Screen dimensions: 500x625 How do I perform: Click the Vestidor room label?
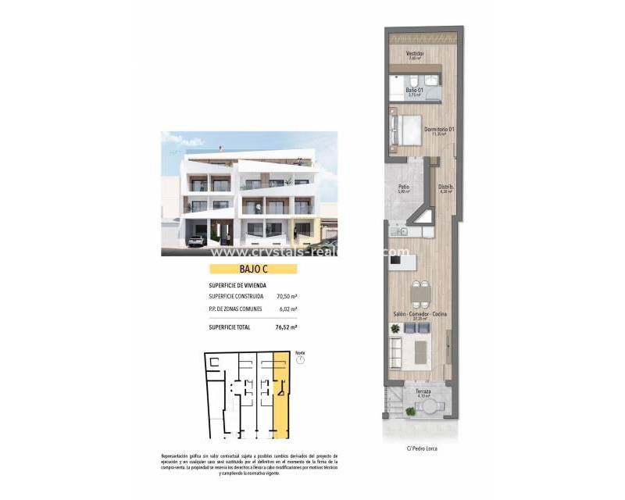tap(415, 54)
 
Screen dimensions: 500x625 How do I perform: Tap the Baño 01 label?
tap(414, 90)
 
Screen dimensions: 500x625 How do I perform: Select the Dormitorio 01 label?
tap(439, 129)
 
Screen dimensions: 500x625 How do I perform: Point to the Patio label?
tap(404, 187)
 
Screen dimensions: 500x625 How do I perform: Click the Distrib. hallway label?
tap(446, 187)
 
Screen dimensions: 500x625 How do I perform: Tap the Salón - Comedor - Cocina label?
tap(420, 314)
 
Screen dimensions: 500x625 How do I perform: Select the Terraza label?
tap(423, 391)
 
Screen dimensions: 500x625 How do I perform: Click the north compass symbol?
tap(300, 360)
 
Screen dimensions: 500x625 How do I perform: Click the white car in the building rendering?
tap(197, 241)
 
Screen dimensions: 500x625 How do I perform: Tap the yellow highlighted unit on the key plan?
tap(280, 391)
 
